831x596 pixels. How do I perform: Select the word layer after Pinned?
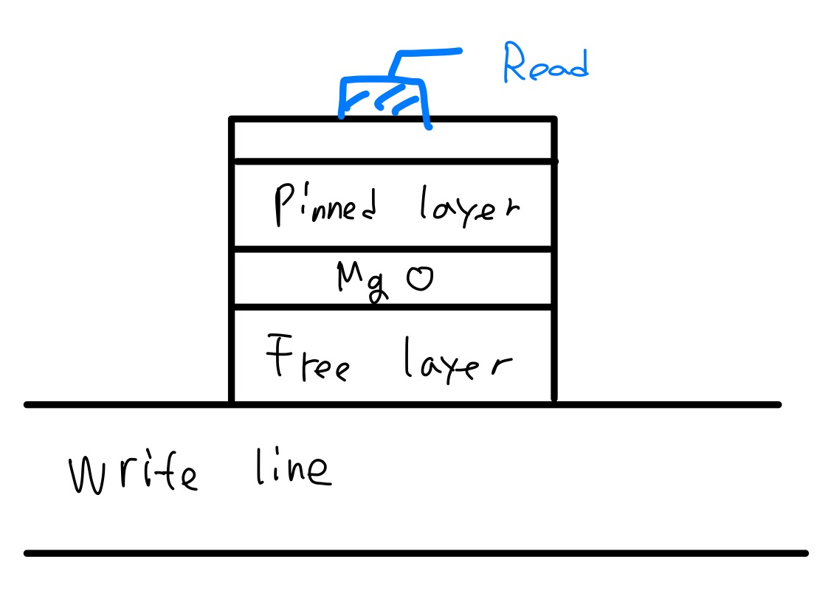click(465, 204)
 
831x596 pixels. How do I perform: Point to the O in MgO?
click(420, 280)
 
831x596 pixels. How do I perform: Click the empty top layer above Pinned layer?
click(393, 139)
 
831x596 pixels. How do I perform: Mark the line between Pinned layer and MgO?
click(393, 250)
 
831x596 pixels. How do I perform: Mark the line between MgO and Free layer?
click(393, 307)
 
